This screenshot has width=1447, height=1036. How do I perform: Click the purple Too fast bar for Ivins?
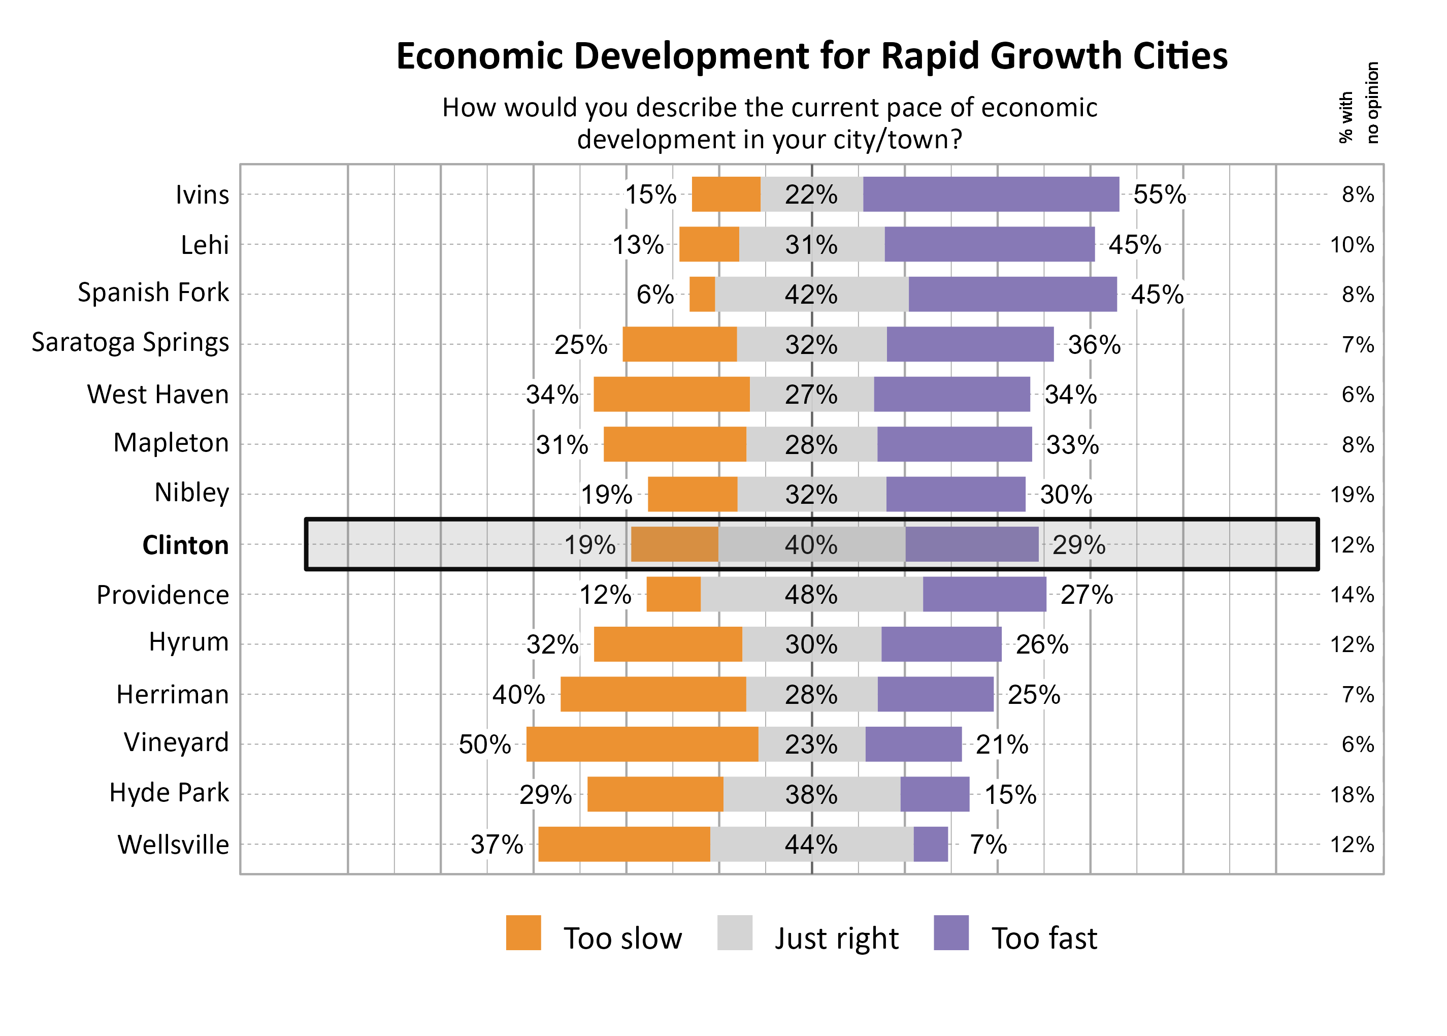coord(991,194)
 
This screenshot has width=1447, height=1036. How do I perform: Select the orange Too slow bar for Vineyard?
coord(642,744)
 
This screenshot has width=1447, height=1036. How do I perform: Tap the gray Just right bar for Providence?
coord(811,595)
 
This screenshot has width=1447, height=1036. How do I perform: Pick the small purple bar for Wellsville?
coord(931,844)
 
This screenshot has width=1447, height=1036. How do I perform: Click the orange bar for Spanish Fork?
coord(702,294)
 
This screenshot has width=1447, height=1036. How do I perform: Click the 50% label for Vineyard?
coord(485,744)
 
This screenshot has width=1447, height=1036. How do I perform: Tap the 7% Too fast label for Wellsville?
coord(988,845)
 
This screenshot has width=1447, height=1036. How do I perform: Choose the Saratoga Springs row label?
coord(130,343)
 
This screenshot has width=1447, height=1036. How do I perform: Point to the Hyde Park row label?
coord(169,793)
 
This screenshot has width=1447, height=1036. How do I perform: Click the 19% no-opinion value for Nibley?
coord(1352,495)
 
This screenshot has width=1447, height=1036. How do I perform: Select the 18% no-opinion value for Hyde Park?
coord(1352,795)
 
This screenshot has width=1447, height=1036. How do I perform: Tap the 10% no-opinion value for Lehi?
coord(1352,245)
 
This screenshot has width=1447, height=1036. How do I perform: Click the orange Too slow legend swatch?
coord(523,933)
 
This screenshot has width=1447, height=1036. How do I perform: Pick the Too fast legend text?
coord(1044,938)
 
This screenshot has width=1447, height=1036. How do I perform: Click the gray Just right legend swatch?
coord(734,933)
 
